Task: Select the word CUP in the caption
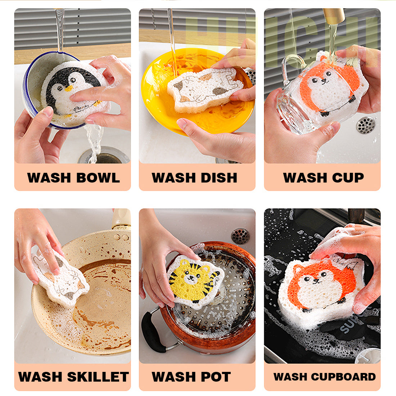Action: [346, 178]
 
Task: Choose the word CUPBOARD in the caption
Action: [343, 377]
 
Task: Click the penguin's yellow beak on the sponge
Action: [68, 88]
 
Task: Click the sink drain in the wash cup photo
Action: [365, 125]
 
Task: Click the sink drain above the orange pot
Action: [240, 236]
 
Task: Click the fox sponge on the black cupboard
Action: [320, 288]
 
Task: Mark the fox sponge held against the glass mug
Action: [328, 86]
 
